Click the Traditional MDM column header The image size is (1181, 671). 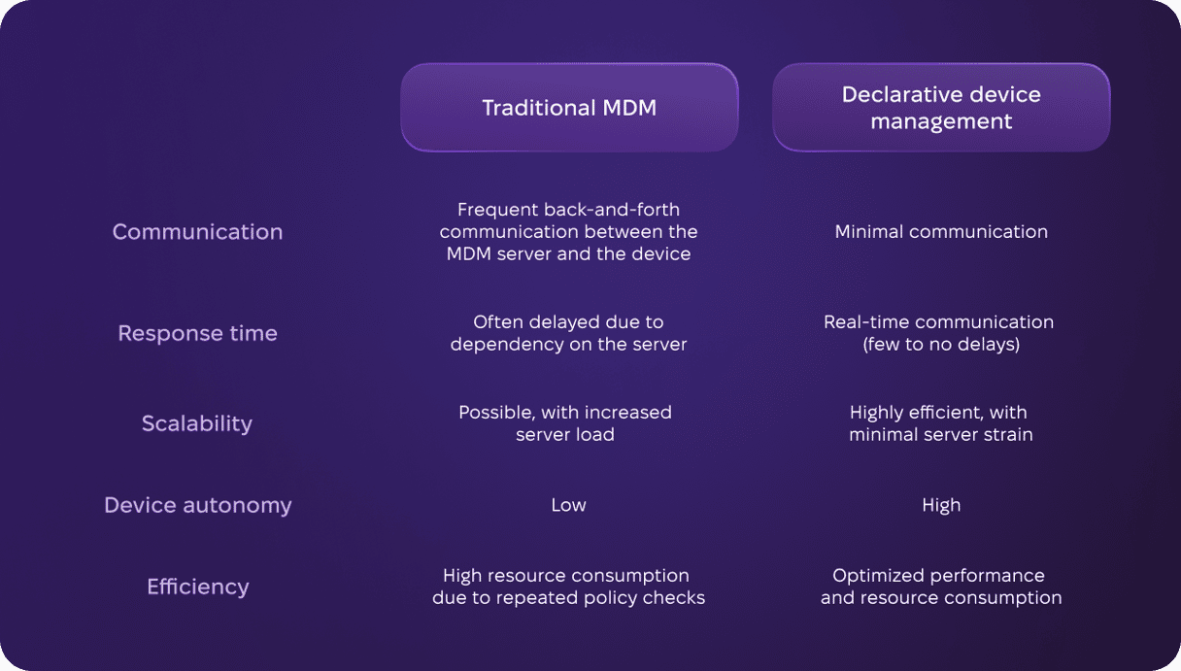tap(569, 108)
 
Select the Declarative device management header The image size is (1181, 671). tap(941, 108)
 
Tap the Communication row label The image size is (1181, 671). tap(198, 232)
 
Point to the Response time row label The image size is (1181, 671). tap(198, 333)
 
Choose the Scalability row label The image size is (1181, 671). tap(197, 423)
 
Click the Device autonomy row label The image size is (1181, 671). tap(198, 505)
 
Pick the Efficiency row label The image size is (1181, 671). tap(198, 587)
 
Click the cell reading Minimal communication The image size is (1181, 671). tap(941, 232)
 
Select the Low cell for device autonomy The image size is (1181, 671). tap(568, 505)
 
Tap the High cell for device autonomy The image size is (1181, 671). tap(941, 505)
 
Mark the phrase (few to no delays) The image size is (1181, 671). tap(941, 344)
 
